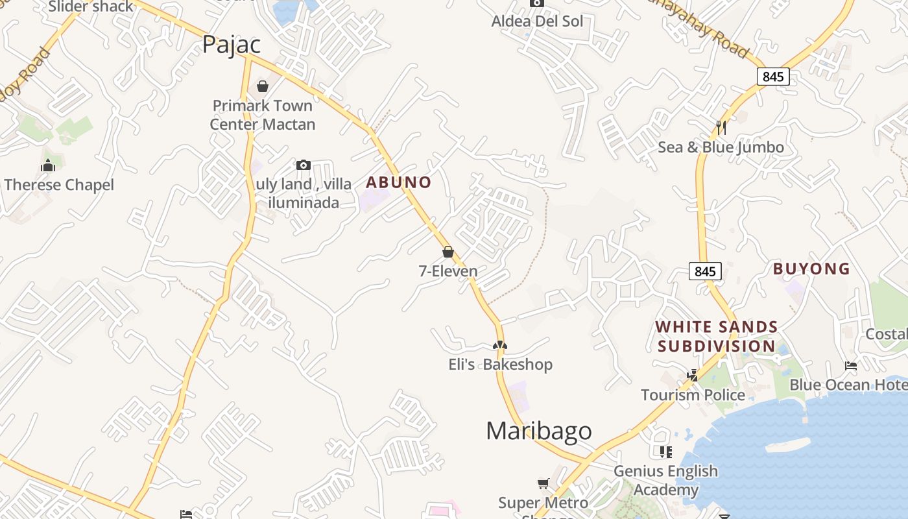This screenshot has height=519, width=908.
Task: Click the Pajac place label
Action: (232, 44)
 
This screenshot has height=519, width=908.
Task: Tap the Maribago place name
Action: (538, 431)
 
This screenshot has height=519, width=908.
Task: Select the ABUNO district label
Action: (398, 182)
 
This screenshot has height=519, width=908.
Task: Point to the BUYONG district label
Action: (811, 269)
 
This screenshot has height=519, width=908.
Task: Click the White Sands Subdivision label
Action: (717, 336)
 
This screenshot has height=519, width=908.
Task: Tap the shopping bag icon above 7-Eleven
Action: (448, 252)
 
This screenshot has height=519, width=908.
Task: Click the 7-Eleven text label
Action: (448, 271)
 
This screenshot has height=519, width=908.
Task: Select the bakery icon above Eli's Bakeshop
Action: (500, 345)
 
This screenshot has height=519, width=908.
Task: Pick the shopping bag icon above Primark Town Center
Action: (263, 86)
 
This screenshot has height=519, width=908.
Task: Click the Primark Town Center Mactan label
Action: (263, 115)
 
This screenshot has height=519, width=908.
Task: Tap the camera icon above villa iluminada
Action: (304, 165)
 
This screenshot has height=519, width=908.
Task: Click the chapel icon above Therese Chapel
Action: (48, 166)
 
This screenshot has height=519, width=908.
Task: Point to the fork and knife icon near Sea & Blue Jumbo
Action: (721, 127)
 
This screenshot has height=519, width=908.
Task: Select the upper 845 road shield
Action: (773, 77)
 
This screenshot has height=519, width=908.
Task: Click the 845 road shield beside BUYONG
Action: (704, 271)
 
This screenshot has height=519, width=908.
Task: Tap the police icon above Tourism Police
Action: (693, 375)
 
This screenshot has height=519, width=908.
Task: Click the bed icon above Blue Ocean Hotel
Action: (851, 366)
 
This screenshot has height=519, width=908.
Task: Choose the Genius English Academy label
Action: (665, 480)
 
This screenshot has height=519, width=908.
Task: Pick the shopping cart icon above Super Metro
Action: (544, 483)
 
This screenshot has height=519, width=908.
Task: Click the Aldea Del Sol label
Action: (537, 21)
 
